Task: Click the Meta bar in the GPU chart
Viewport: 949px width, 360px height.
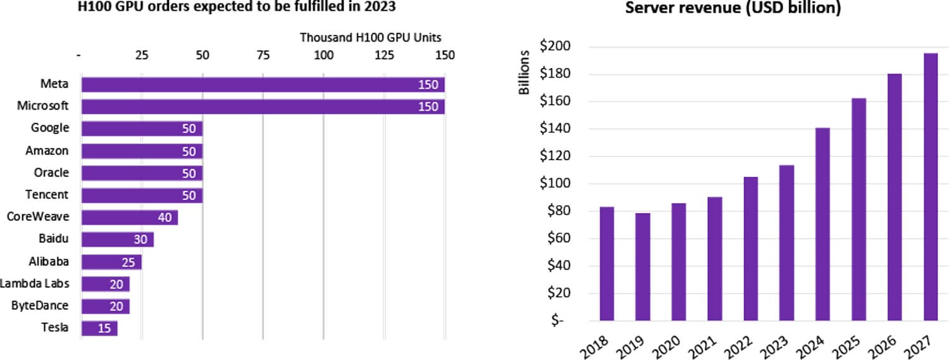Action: coord(263,85)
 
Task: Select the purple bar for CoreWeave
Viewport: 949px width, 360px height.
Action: coord(130,218)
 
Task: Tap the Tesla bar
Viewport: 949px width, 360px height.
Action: coord(99,328)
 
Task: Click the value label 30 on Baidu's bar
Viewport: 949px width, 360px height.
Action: coord(140,240)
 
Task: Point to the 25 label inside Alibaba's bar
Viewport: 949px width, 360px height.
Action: coord(128,262)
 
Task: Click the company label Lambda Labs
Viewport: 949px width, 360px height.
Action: coord(35,283)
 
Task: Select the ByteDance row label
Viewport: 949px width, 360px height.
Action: coord(40,306)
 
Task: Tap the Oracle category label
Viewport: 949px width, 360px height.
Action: coord(51,173)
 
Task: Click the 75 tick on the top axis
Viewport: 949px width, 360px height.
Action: coord(263,55)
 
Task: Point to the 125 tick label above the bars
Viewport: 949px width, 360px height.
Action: coord(383,55)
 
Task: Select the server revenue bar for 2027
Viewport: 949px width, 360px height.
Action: coord(930,187)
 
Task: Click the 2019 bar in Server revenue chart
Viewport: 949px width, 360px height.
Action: coord(643,266)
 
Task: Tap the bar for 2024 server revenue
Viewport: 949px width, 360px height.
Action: coord(822,224)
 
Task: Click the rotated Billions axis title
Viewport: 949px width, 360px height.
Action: coord(524,79)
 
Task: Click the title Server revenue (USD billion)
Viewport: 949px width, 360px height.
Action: coord(733,9)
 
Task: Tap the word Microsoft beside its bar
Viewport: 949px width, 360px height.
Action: coord(43,106)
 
